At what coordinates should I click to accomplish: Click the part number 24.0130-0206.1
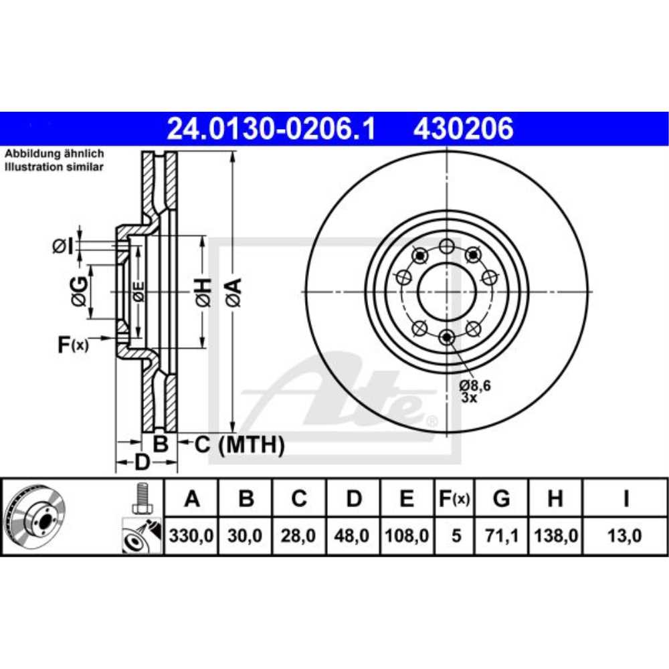(x=271, y=128)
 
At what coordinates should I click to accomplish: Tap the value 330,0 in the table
(x=192, y=536)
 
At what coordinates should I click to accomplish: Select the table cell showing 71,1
(x=500, y=536)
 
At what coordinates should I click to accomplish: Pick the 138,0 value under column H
(x=555, y=536)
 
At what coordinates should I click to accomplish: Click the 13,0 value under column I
(x=626, y=536)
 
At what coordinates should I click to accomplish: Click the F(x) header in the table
(x=455, y=498)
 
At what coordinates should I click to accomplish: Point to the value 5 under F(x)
(x=456, y=536)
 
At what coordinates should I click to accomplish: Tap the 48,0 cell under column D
(x=354, y=536)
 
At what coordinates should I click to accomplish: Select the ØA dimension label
(x=233, y=292)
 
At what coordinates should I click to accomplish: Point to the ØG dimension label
(x=80, y=291)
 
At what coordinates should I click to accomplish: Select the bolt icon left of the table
(x=141, y=498)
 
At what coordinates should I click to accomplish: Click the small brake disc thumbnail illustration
(x=35, y=516)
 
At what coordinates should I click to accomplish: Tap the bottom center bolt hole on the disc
(x=447, y=337)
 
